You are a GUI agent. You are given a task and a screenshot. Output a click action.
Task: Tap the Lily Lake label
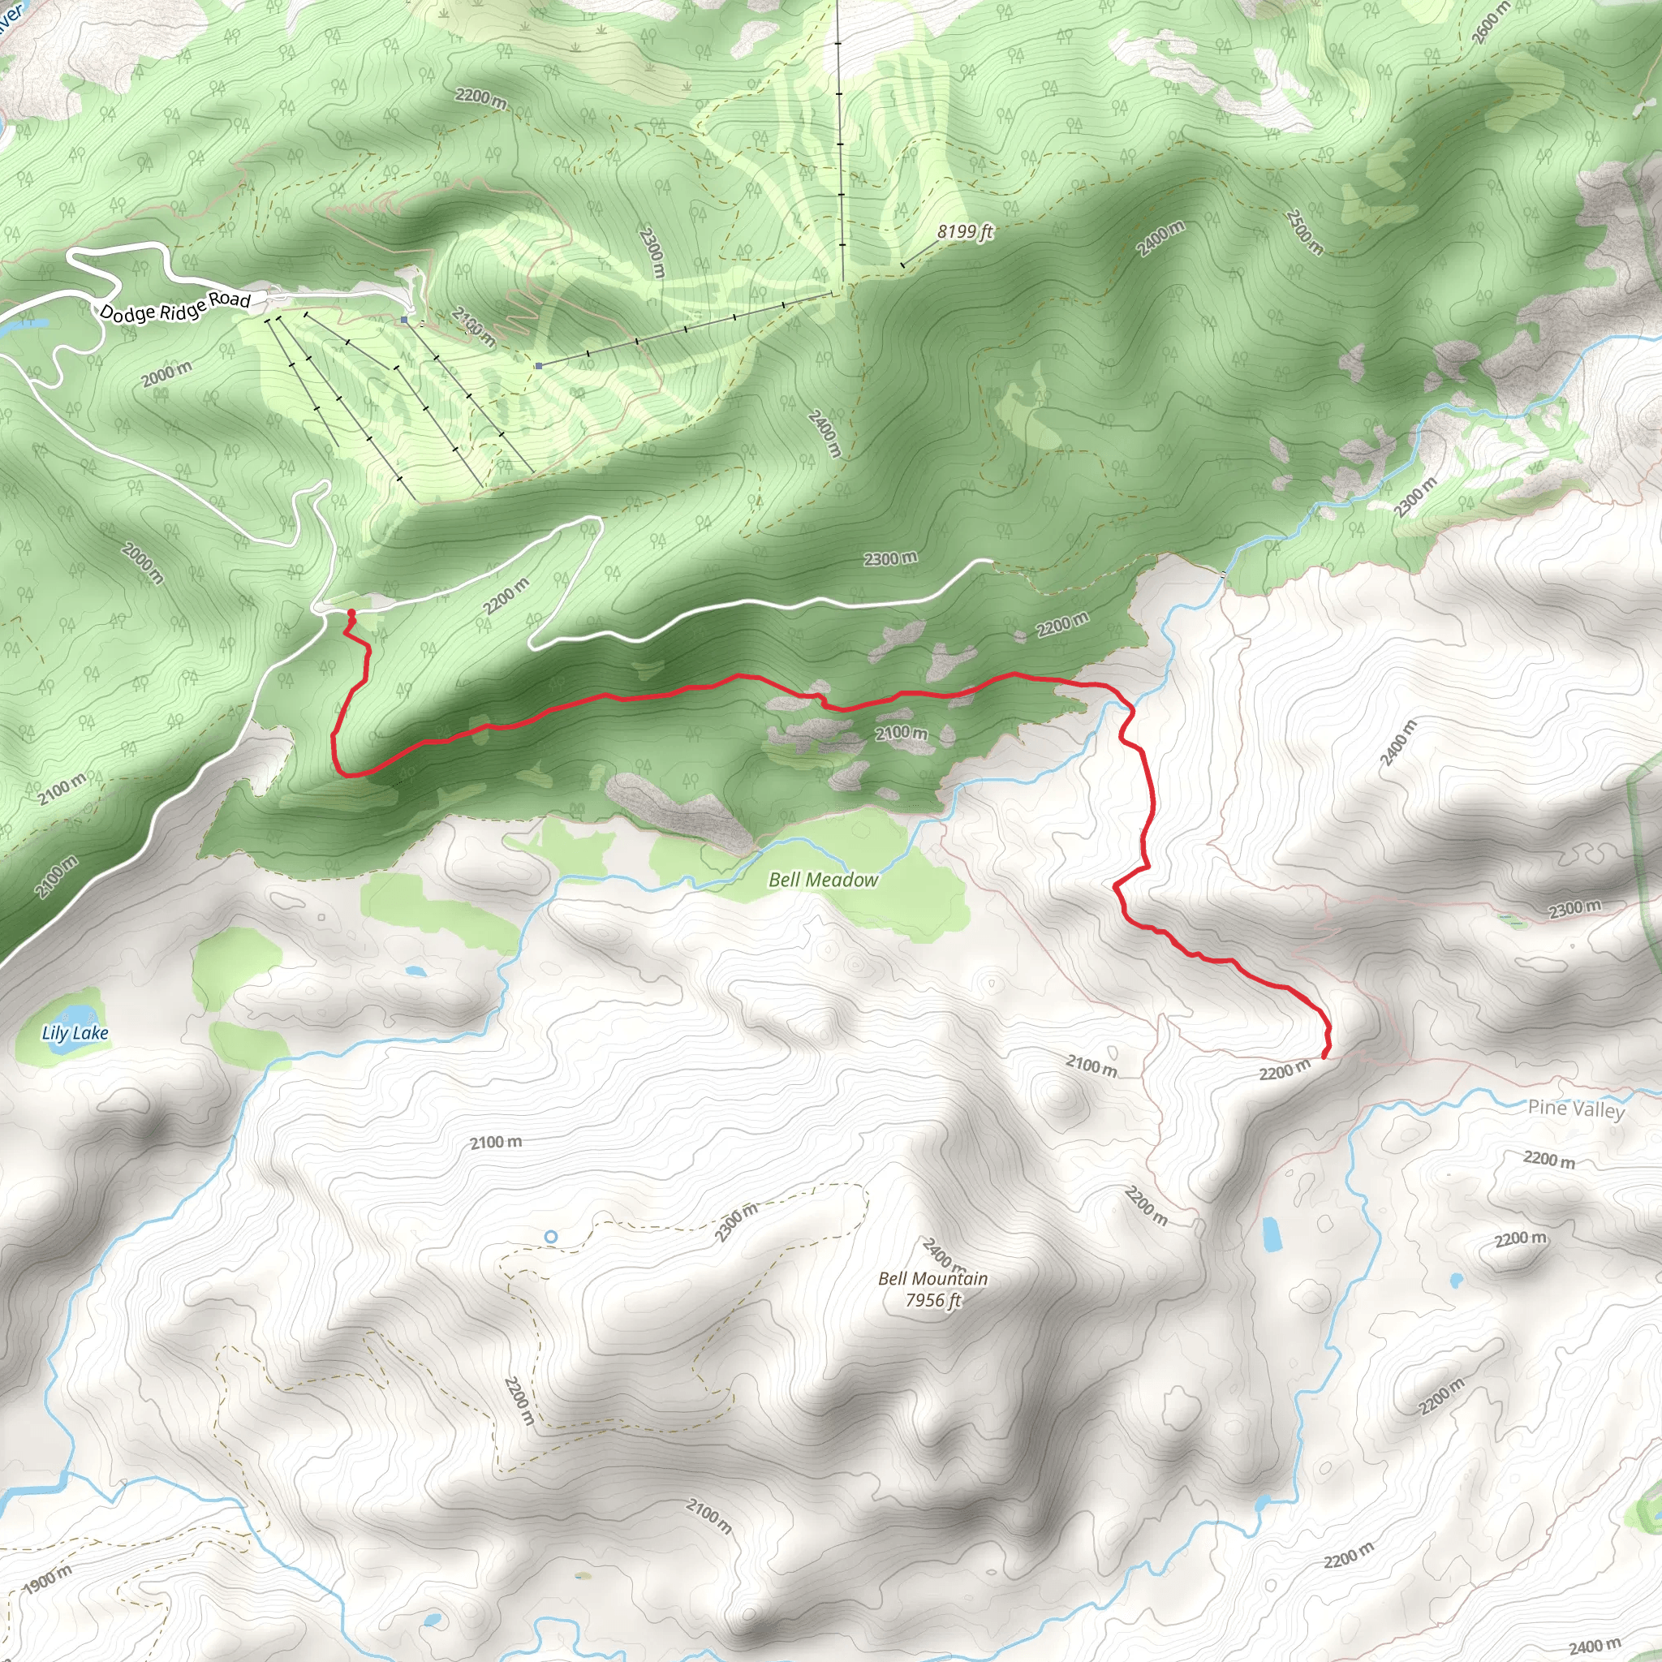pos(75,1033)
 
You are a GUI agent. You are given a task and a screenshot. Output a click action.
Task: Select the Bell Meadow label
pos(823,879)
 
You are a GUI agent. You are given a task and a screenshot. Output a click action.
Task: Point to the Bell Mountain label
pos(932,1278)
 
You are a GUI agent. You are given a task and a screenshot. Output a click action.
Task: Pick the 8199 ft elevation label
pos(965,231)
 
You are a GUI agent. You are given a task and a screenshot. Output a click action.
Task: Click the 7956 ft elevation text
pos(932,1300)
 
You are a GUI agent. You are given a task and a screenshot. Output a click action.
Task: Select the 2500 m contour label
pos(1304,231)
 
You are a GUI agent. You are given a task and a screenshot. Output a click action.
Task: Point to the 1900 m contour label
pos(48,1578)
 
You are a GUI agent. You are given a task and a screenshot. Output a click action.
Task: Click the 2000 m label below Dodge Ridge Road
pos(167,374)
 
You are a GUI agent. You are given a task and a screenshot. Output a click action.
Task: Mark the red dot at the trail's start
pos(351,613)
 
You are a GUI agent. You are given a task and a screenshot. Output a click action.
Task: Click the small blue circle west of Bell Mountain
pos(550,1236)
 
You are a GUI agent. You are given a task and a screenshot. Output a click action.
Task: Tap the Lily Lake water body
pos(73,1014)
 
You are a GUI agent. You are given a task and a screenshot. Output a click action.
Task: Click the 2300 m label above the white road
pos(890,558)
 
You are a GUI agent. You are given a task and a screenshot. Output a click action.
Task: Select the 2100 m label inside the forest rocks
pos(901,733)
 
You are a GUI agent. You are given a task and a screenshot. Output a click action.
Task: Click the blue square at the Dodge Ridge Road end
pos(404,320)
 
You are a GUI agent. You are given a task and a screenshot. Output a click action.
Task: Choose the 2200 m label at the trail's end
pos(1285,1070)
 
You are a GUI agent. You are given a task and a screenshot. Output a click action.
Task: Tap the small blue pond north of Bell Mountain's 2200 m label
pos(1271,1234)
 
